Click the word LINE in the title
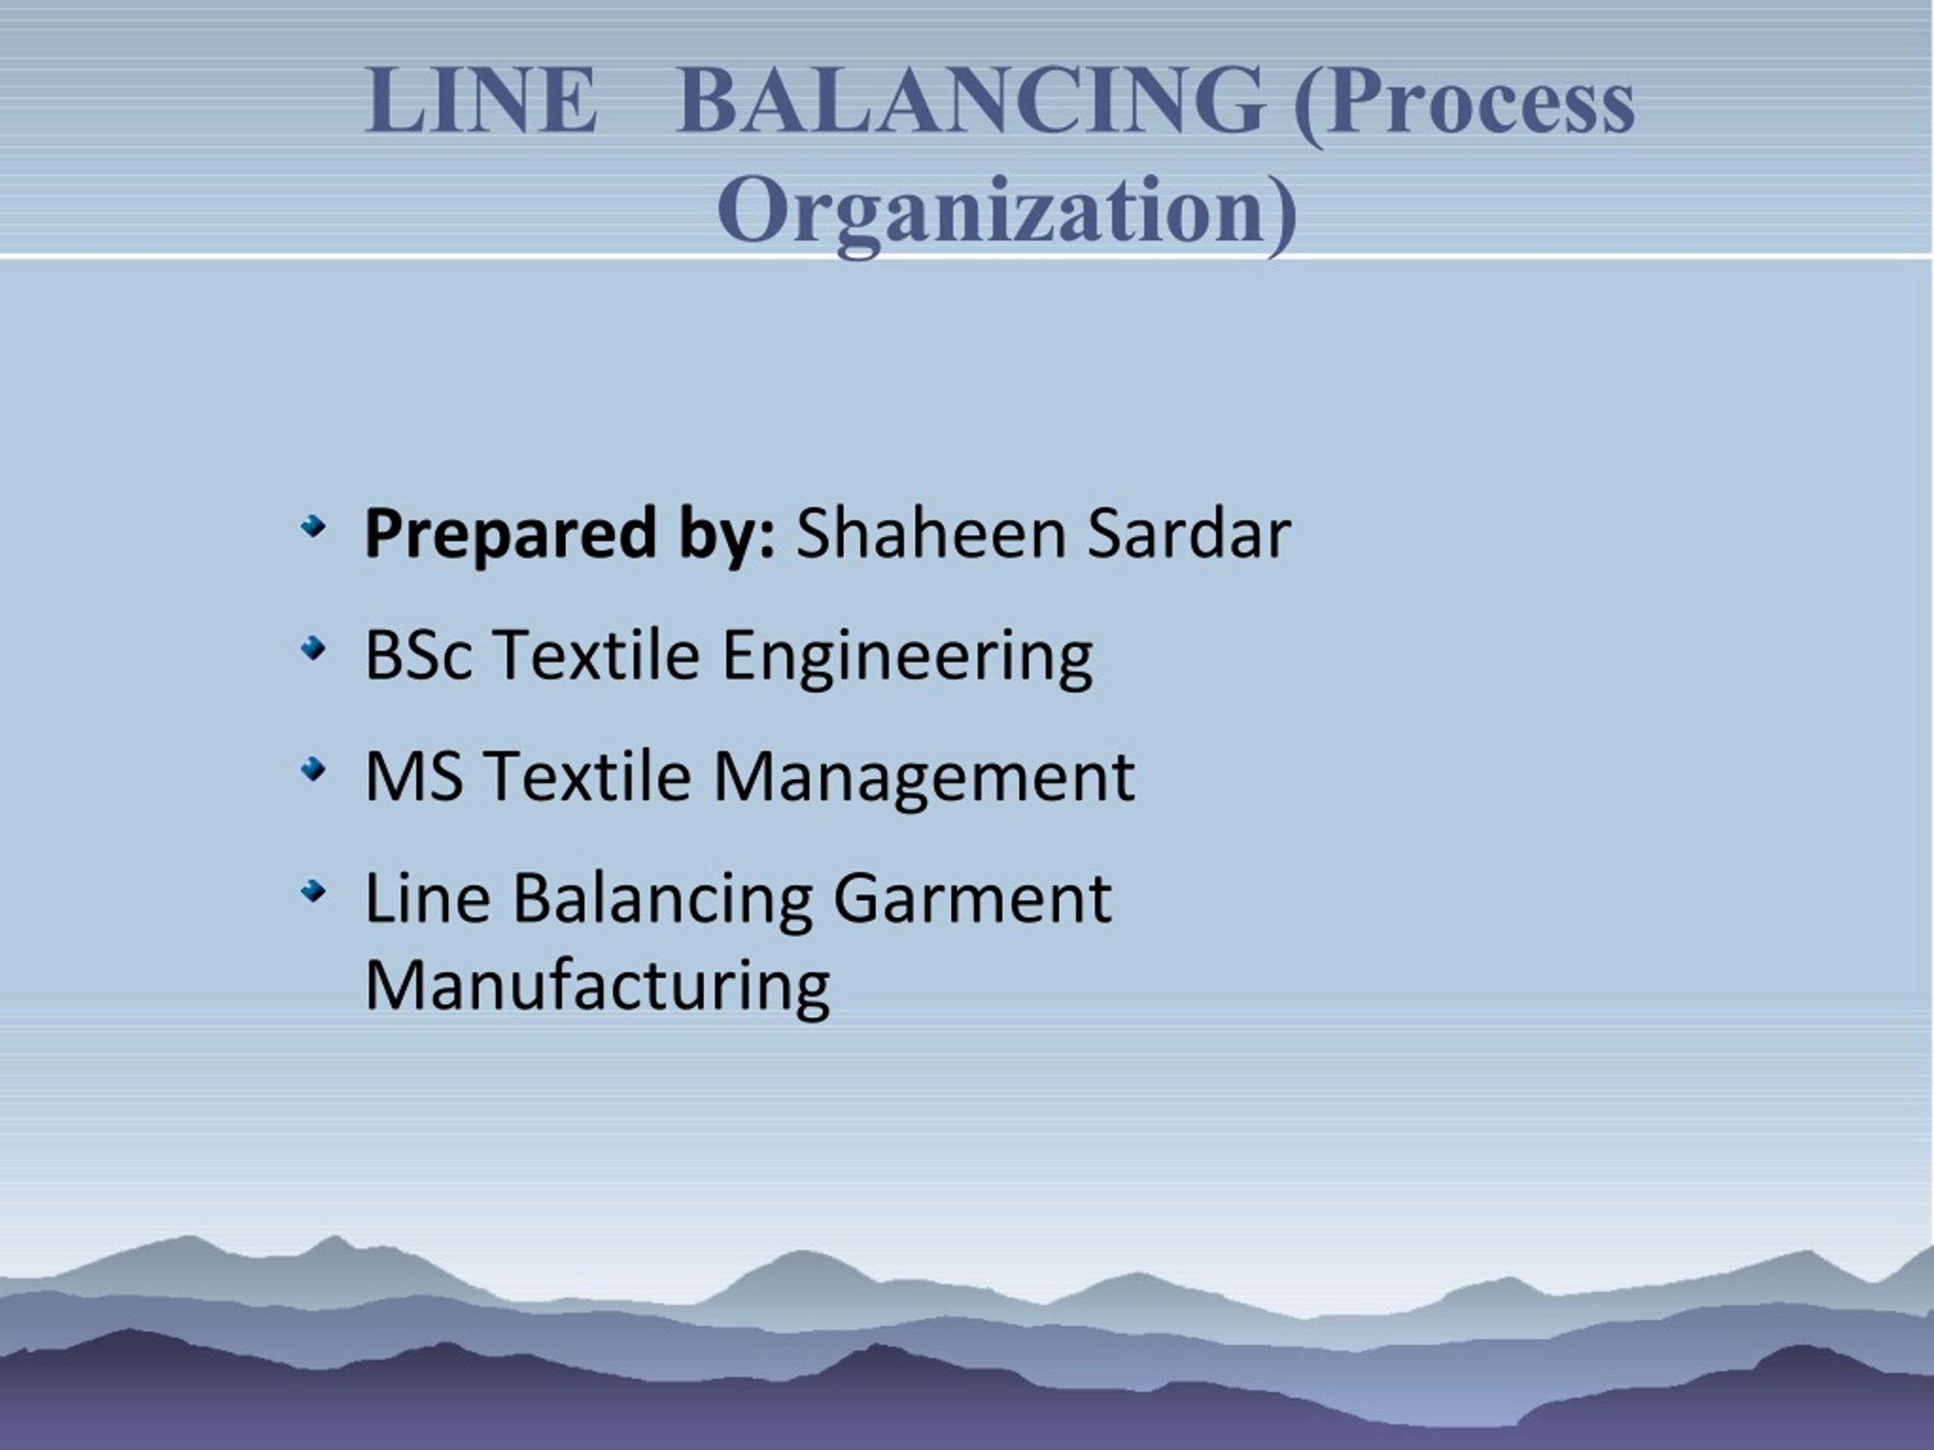click(x=482, y=101)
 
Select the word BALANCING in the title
click(x=971, y=101)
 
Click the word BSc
click(x=418, y=655)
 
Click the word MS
click(x=413, y=777)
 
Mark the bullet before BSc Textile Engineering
click(x=312, y=649)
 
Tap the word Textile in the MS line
click(x=588, y=777)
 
